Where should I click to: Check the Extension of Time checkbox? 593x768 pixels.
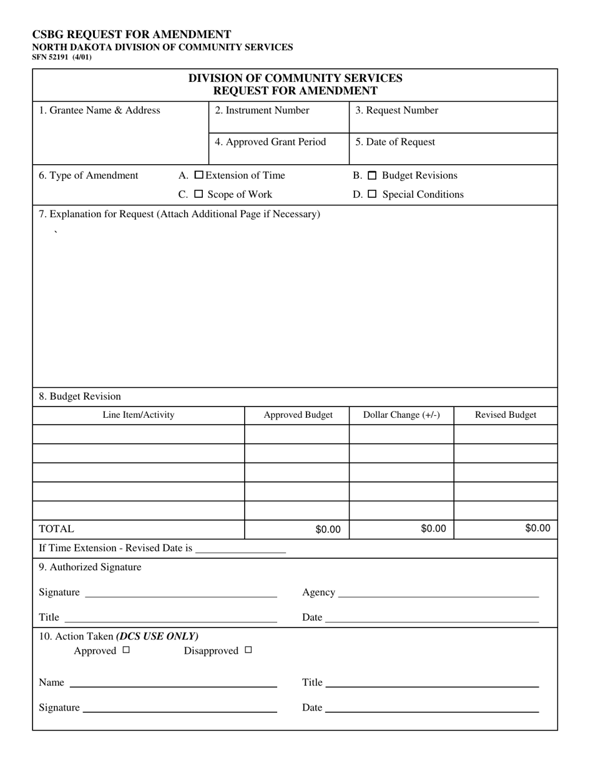[x=199, y=175]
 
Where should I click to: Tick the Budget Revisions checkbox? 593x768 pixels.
[x=372, y=176]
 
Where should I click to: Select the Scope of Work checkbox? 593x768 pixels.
[x=198, y=194]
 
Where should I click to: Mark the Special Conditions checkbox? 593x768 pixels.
[x=372, y=195]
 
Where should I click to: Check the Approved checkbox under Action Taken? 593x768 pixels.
[x=126, y=650]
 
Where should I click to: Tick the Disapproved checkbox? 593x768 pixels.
[x=248, y=650]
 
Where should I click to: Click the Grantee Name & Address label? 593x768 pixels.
[x=99, y=111]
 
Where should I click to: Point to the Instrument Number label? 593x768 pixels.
[x=262, y=111]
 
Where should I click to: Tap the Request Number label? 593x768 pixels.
[x=397, y=111]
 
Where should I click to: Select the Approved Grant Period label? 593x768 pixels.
[x=270, y=142]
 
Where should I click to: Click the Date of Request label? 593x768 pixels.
[x=395, y=142]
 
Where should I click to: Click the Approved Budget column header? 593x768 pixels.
[x=298, y=415]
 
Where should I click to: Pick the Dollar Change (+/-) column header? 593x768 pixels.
[x=401, y=415]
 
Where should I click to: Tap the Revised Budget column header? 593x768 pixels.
[x=506, y=415]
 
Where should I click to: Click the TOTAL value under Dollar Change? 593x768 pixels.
[x=433, y=529]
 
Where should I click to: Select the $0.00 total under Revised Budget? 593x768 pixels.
[x=537, y=529]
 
